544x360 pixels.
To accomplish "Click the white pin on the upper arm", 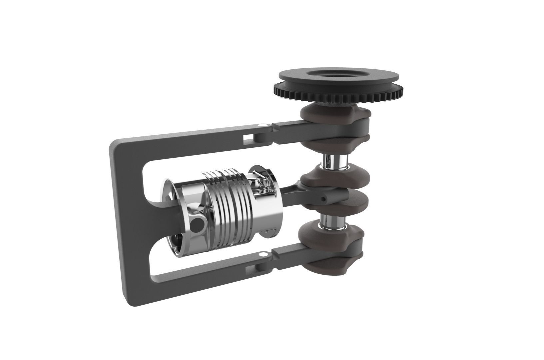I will (262, 125).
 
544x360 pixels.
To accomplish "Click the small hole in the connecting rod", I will (323, 199).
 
